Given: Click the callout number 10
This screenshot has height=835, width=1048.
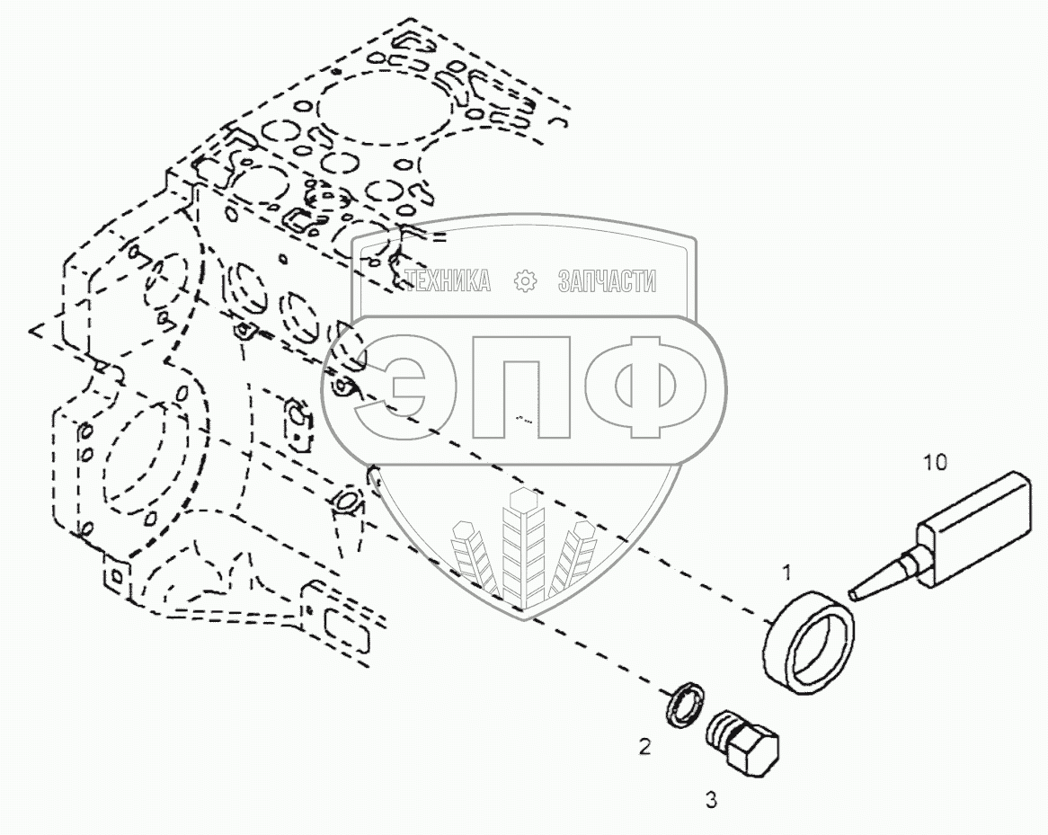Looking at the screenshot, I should (935, 463).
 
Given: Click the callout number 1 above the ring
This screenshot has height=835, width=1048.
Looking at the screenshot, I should (786, 572).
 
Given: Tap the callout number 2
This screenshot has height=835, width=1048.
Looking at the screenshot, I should (644, 745).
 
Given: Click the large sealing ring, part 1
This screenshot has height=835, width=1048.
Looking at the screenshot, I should (806, 644).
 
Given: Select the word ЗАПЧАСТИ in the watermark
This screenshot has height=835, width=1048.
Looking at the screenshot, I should (607, 281).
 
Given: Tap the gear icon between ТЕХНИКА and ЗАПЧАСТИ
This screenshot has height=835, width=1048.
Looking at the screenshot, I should (524, 281).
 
